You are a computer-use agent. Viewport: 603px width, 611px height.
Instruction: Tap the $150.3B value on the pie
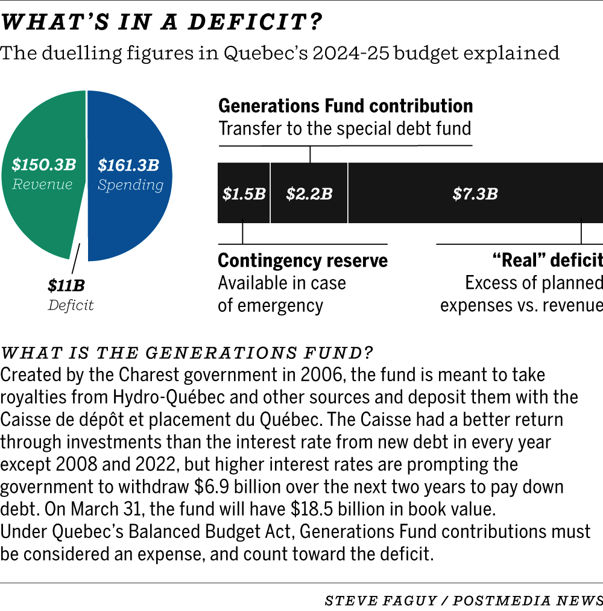pyautogui.click(x=44, y=164)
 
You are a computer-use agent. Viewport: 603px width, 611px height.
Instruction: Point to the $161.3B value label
pyautogui.click(x=128, y=164)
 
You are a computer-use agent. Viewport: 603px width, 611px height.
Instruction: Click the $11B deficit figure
pyautogui.click(x=66, y=285)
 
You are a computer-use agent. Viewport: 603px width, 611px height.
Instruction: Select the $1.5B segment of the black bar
pyautogui.click(x=244, y=194)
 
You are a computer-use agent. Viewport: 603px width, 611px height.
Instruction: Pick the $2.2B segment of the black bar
pyautogui.click(x=309, y=194)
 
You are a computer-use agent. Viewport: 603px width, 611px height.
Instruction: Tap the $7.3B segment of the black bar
pyautogui.click(x=475, y=194)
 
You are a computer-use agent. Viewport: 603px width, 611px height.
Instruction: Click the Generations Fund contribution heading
pyautogui.click(x=346, y=106)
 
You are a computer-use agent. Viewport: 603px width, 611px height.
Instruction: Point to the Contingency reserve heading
pyautogui.click(x=303, y=261)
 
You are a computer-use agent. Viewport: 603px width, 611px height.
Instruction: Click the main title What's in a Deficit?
pyautogui.click(x=163, y=22)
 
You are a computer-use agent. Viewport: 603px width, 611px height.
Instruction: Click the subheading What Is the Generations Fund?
pyautogui.click(x=188, y=352)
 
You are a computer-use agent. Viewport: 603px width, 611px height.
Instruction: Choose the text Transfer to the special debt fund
pyautogui.click(x=344, y=129)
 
